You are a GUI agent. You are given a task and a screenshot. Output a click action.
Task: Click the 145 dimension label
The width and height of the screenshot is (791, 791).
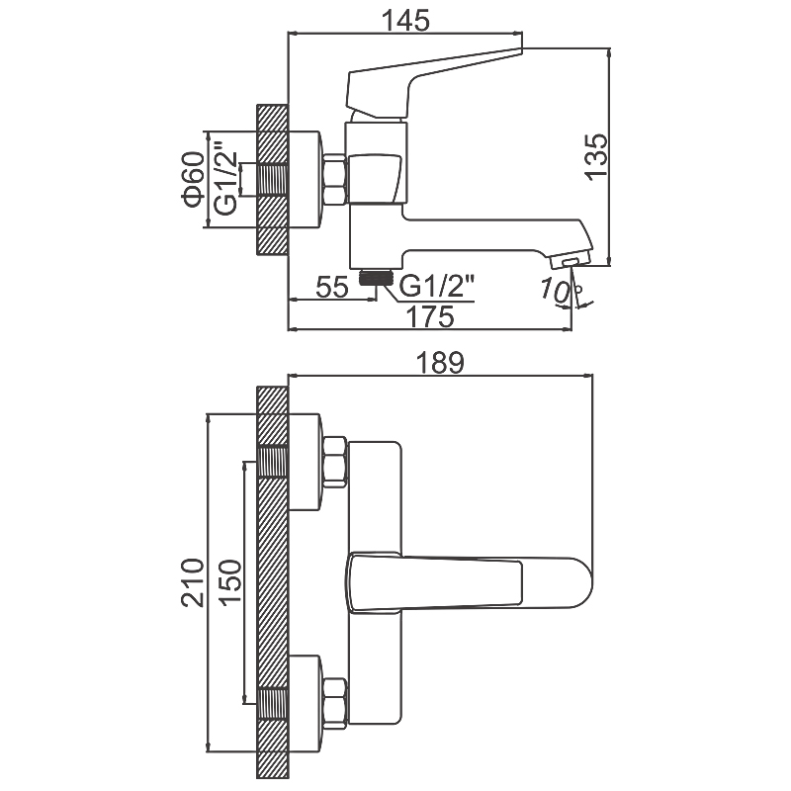pos(403,18)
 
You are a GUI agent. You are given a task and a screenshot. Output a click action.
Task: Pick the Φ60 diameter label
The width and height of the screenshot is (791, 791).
pos(193,179)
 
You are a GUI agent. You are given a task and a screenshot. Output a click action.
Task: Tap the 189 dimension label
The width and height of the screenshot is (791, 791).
pos(439,362)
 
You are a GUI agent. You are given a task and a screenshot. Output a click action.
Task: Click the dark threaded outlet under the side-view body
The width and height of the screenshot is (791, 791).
pos(375,278)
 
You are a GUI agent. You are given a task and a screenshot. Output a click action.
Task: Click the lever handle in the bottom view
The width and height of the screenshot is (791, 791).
pos(435,581)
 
